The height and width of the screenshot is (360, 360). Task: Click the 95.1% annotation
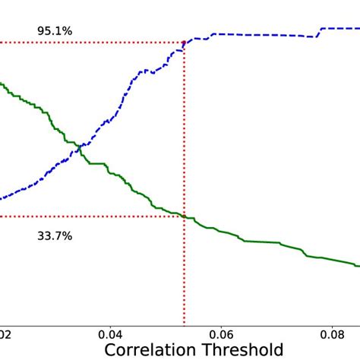point(55,31)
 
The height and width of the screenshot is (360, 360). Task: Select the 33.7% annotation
point(55,236)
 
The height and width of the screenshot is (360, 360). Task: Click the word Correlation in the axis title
point(150,350)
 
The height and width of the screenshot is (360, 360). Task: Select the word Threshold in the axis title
point(242,350)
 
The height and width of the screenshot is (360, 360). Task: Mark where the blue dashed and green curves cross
point(73,144)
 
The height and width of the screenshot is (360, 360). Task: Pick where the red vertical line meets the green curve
point(185,216)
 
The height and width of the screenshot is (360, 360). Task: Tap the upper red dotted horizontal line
point(91,43)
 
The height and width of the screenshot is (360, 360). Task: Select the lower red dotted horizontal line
point(91,216)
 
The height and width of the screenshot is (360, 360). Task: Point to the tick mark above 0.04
point(111,325)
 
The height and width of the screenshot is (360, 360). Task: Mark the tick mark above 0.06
point(221,325)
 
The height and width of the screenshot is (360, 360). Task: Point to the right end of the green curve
point(357,265)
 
